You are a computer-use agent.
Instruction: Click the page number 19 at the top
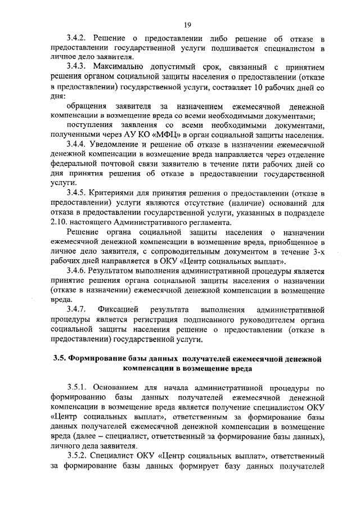(x=188, y=24)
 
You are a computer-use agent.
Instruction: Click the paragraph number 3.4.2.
(x=76, y=38)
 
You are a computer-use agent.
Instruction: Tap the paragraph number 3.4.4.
(x=76, y=145)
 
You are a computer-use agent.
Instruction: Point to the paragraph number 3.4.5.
(x=76, y=193)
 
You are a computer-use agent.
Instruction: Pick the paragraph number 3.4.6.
(x=76, y=271)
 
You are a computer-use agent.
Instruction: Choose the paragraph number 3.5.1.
(x=76, y=388)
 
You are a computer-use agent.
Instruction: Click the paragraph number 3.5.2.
(x=76, y=456)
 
